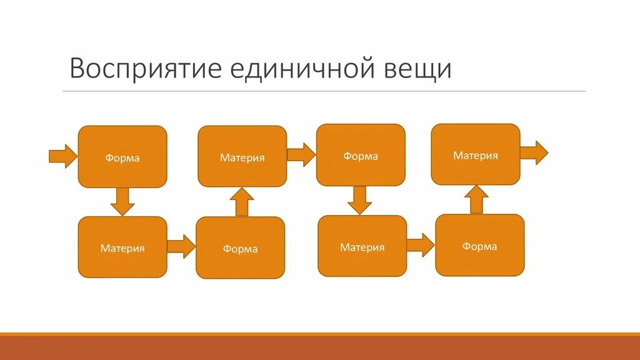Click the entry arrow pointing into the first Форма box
point(62,156)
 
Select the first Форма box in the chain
point(122,157)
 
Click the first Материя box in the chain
point(122,247)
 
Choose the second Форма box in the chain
point(241,248)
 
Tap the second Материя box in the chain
point(242,157)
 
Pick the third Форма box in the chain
point(361,155)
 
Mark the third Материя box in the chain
point(362,246)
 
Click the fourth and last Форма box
point(480,245)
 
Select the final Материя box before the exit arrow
point(476,154)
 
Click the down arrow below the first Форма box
point(122,201)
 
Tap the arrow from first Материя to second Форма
point(181,247)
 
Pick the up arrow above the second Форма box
point(241,202)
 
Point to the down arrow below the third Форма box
point(359,200)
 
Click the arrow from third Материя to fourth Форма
point(420,246)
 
